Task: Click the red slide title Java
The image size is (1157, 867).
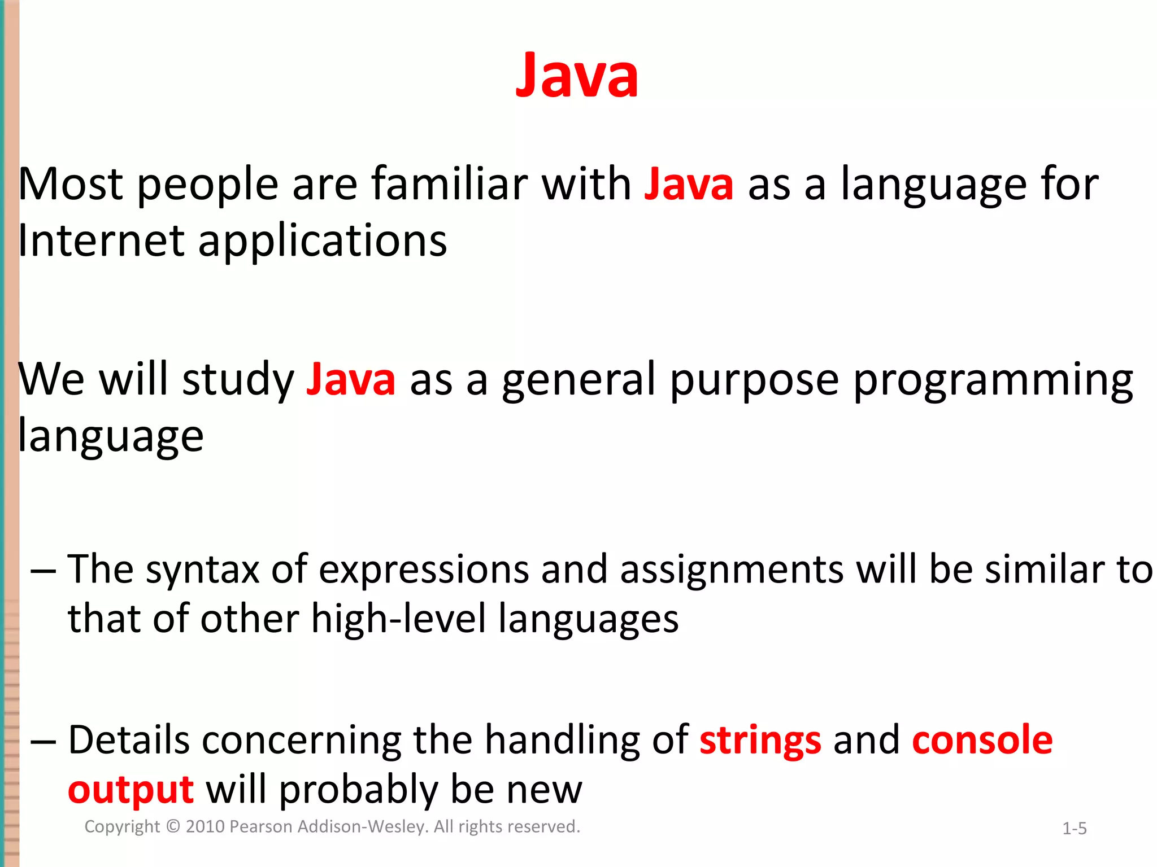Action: click(577, 76)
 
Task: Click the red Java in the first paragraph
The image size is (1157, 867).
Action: click(689, 185)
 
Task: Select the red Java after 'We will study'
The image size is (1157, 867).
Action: click(351, 380)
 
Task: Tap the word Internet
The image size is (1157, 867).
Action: click(102, 241)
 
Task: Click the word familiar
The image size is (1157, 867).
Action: click(449, 185)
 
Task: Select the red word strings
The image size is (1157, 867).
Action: click(760, 741)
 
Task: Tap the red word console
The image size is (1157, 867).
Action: click(982, 741)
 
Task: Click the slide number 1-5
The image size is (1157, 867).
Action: click(1074, 829)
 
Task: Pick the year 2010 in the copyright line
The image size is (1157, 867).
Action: click(206, 827)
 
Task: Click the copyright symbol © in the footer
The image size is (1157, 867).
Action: click(173, 827)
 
